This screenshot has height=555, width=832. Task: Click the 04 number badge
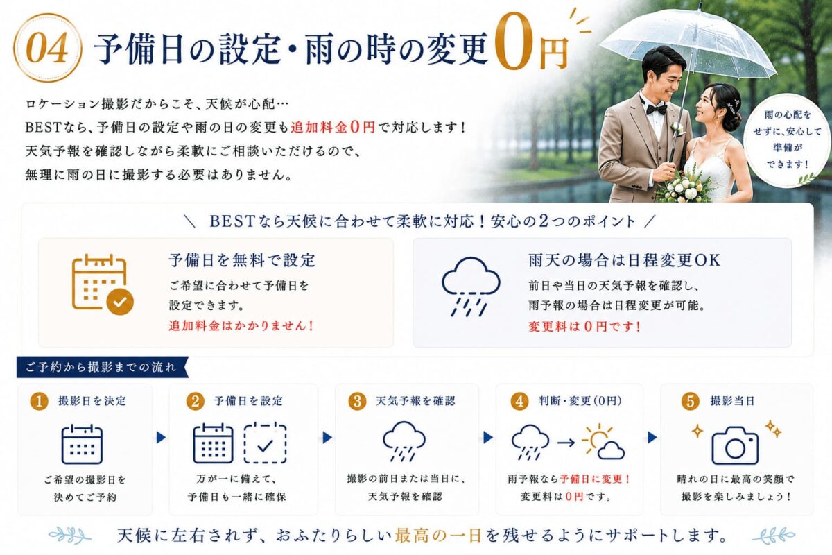pos(47,48)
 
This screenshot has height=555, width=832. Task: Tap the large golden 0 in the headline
pos(515,42)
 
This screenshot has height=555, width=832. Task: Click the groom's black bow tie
pos(657,108)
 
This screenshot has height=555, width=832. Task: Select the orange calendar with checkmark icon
pos(102,284)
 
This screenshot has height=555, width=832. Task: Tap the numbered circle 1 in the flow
pos(39,402)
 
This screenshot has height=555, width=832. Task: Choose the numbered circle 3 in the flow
pos(357,402)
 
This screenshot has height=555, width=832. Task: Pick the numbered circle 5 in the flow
pos(690,402)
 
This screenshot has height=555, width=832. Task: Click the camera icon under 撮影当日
pos(735,445)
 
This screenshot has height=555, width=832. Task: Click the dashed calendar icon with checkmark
pos(265,443)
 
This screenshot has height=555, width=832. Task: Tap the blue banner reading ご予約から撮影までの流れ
pos(102,367)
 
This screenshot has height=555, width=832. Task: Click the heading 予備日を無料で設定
pos(242,260)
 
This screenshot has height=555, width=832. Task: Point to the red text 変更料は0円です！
pos(584,326)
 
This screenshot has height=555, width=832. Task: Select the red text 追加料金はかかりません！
pos(241,325)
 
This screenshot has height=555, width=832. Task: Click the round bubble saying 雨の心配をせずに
pos(788,139)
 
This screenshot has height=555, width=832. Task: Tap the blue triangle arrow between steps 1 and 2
pos(161,438)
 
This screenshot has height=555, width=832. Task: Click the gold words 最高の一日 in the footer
pos(438,536)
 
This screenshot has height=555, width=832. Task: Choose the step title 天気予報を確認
pos(415,401)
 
